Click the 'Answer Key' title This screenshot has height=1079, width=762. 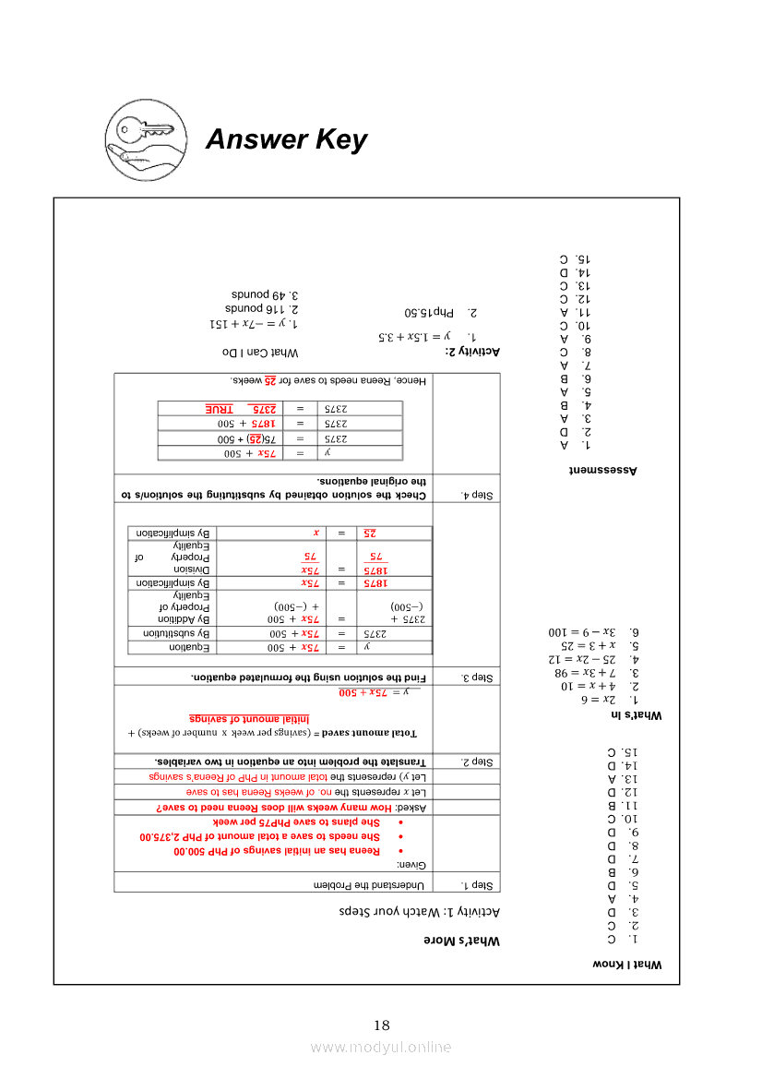click(x=286, y=139)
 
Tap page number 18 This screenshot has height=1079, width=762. click(x=382, y=1025)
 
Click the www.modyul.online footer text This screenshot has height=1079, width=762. click(x=381, y=1047)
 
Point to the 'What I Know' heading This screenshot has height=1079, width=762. click(x=628, y=964)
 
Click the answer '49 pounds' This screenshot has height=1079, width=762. click(x=268, y=294)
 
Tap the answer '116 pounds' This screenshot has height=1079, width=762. click(x=262, y=308)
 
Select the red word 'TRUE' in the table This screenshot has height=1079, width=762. click(x=220, y=408)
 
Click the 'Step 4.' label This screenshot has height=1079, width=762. click(x=476, y=496)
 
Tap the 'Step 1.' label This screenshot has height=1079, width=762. click(x=476, y=885)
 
